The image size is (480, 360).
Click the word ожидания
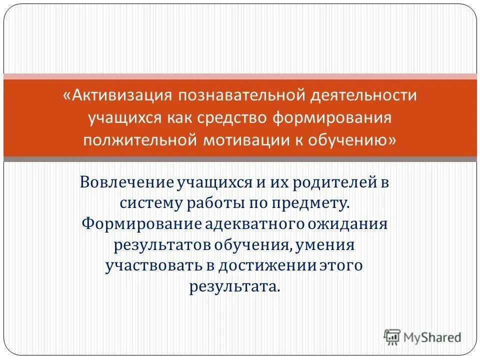tap(348, 223)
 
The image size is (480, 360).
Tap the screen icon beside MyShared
tap(392, 337)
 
